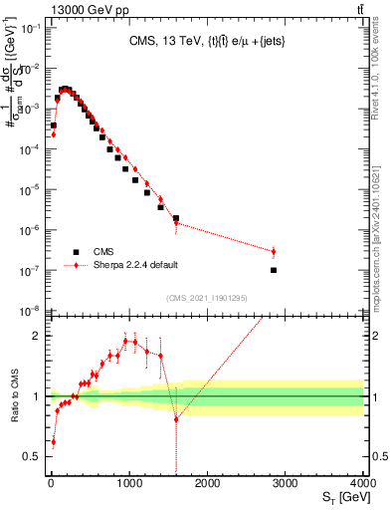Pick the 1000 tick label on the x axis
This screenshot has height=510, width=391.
[128, 483]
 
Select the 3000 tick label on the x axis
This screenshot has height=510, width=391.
[285, 483]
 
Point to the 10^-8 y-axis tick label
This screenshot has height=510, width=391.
[30, 312]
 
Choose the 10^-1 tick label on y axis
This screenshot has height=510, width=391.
[30, 28]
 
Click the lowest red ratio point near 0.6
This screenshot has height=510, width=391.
[53, 441]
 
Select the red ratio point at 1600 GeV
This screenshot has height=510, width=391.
[176, 419]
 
